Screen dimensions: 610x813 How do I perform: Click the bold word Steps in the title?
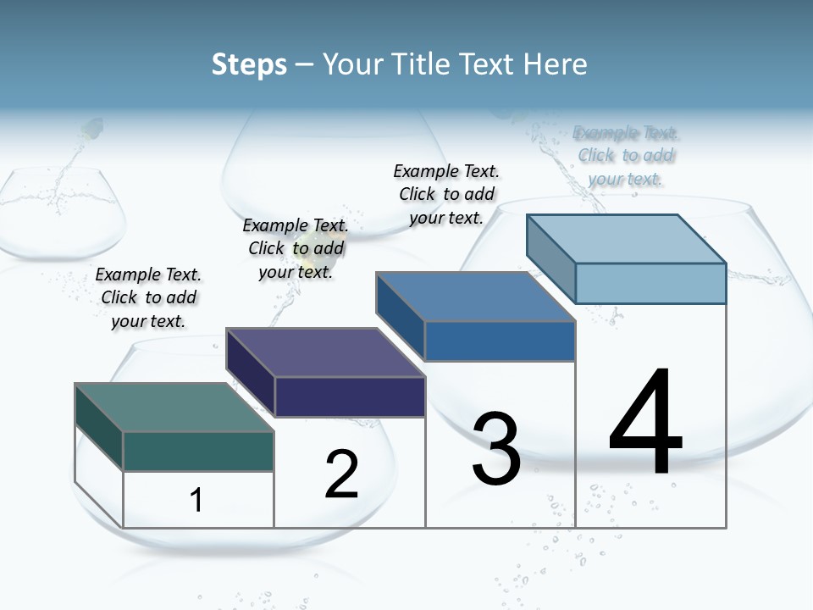[249, 64]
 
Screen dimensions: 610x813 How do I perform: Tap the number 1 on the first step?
[196, 501]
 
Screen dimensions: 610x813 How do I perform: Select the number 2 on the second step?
[341, 474]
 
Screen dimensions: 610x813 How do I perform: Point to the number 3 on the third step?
[496, 449]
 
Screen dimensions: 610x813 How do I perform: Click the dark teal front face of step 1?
[198, 451]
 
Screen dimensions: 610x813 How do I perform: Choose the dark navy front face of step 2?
[350, 396]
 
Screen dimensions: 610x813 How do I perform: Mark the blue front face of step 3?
[500, 341]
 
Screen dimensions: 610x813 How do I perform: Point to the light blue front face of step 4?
[650, 283]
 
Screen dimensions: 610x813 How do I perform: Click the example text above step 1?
[148, 297]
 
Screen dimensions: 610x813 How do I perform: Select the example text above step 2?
[296, 248]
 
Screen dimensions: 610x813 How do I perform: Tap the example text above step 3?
[446, 194]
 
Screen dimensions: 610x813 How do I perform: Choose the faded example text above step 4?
[626, 155]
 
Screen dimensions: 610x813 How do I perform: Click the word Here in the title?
[555, 64]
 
